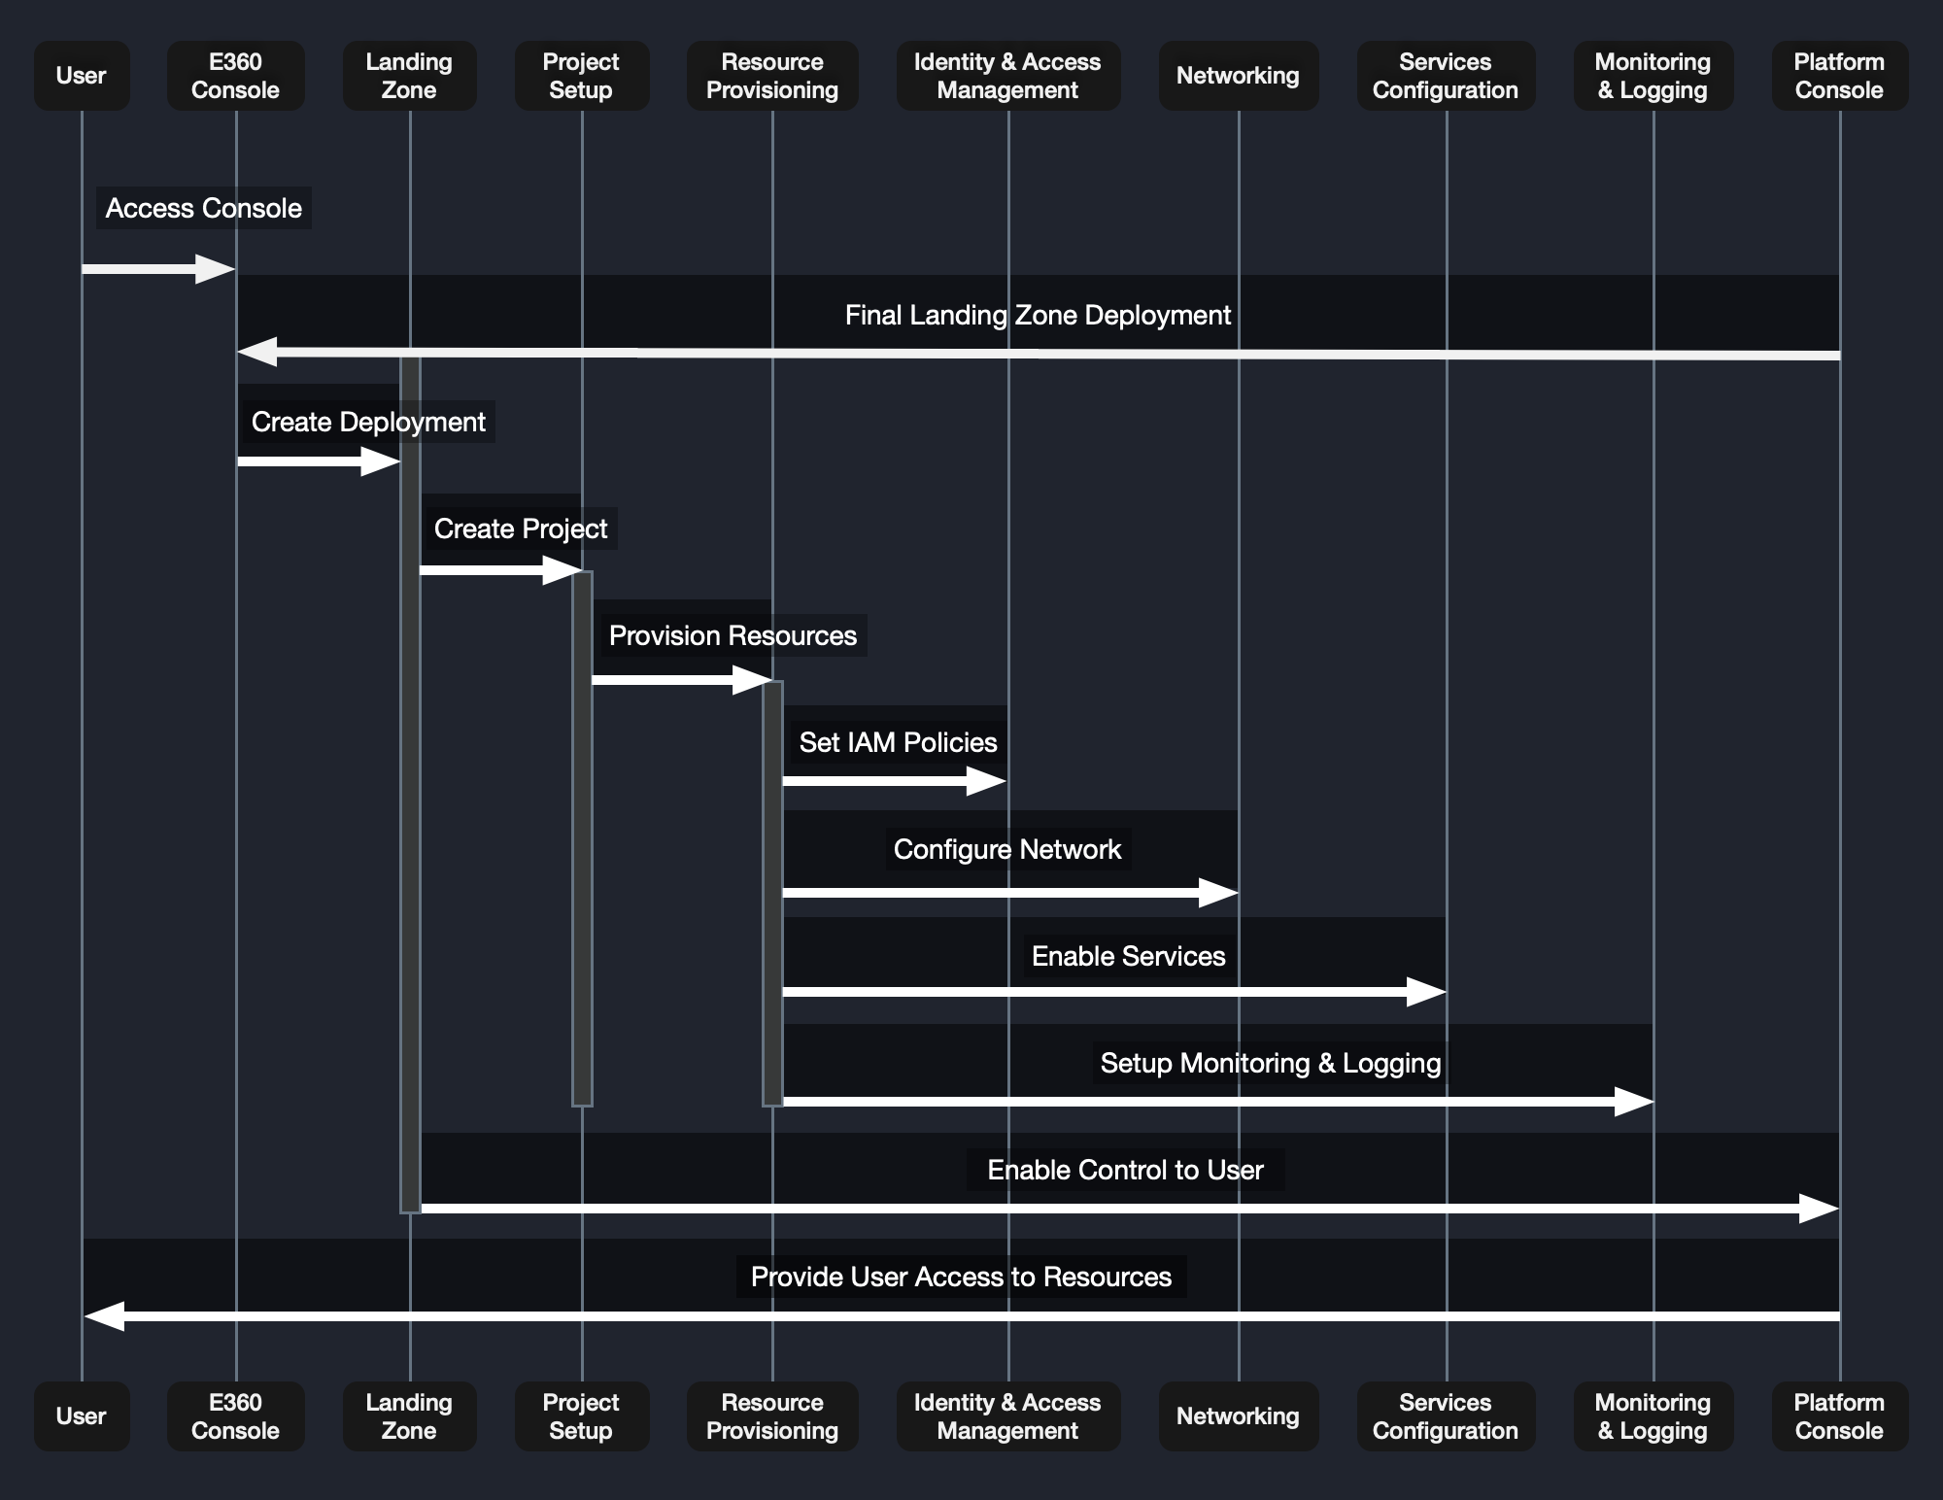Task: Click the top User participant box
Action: coord(82,76)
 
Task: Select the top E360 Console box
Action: coord(236,76)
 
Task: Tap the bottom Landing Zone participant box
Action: coord(409,1416)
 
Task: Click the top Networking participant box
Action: coord(1238,76)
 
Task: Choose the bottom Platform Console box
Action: coord(1839,1416)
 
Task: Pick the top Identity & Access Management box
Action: coord(1007,76)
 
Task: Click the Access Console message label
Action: coord(204,208)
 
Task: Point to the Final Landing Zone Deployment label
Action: coord(1038,315)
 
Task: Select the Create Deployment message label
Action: coord(368,422)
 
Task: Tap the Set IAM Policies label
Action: coord(898,742)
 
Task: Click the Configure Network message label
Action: coord(1007,849)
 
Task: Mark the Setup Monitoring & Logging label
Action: coord(1271,1063)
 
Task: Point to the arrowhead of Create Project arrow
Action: coord(563,570)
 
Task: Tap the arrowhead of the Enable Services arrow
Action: coord(1428,992)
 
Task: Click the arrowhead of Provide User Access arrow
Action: coord(103,1316)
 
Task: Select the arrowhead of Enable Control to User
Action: coord(1820,1209)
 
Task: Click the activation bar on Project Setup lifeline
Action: coord(582,835)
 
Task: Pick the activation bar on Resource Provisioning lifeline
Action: coord(772,894)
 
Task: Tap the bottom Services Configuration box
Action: coord(1446,1416)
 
